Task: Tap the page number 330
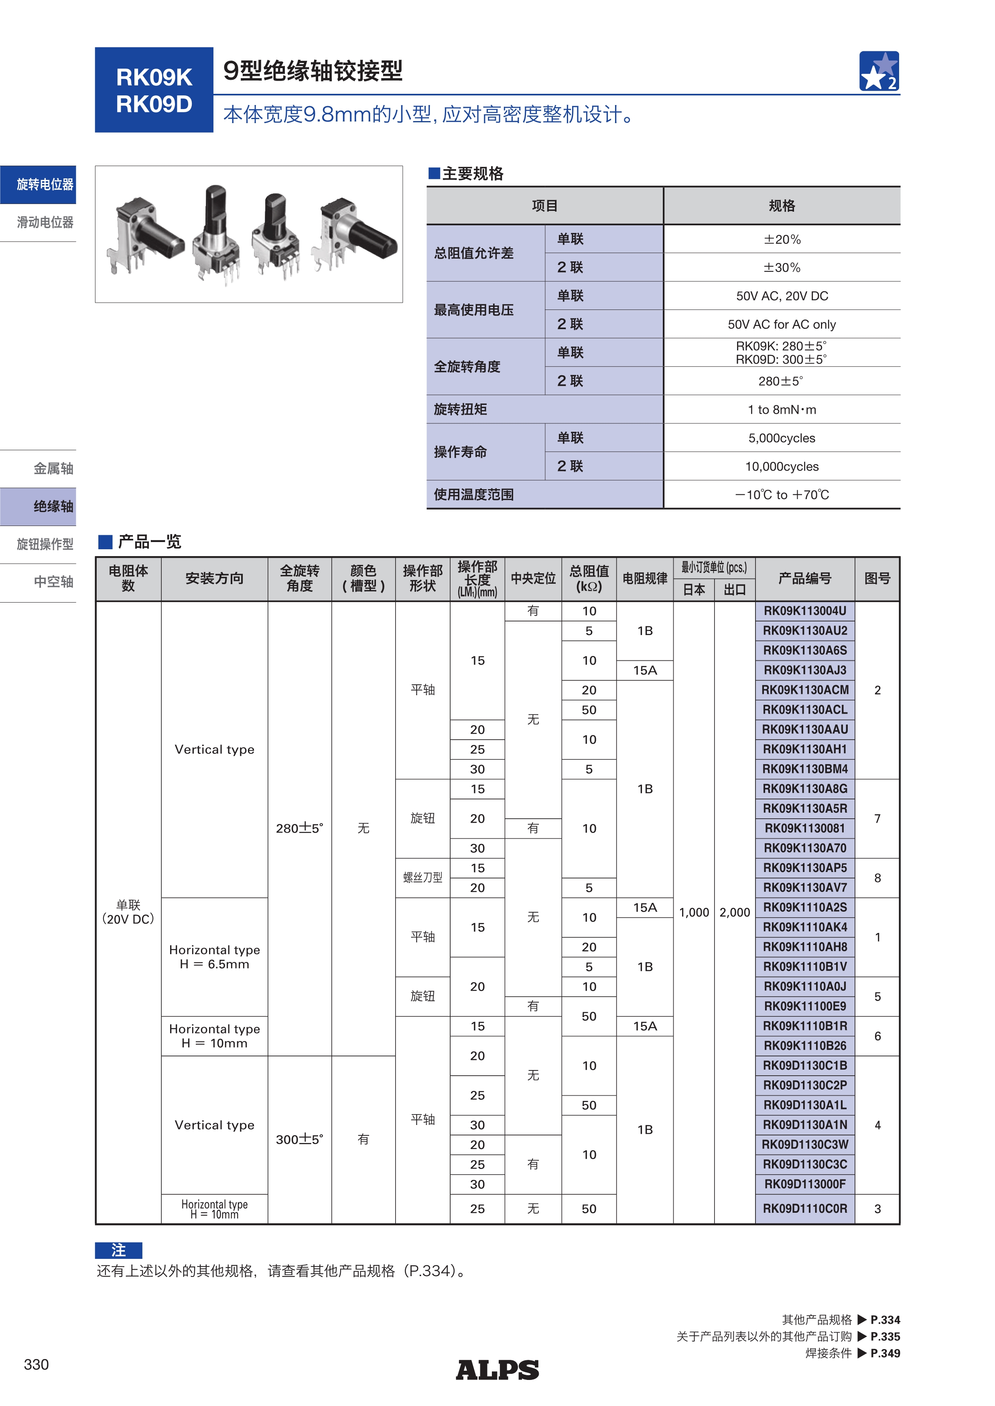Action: point(36,1364)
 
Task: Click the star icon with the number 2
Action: point(879,71)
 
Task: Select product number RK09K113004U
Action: point(804,611)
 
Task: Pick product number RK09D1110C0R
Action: point(804,1209)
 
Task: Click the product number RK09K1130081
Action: point(804,829)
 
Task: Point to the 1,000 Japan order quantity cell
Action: point(694,912)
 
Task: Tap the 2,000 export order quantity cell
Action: point(735,912)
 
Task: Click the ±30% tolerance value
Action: point(782,267)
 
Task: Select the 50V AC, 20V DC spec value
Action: point(782,296)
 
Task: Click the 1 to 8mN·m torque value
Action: point(782,410)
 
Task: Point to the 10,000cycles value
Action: point(782,467)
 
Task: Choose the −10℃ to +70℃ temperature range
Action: point(782,495)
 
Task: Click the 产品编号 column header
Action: point(804,579)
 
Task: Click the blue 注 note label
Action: point(118,1250)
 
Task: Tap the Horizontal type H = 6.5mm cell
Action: point(214,957)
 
